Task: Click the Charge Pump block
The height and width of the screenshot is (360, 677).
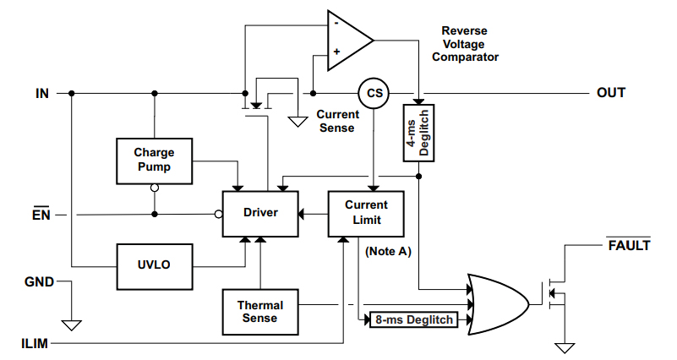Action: (154, 160)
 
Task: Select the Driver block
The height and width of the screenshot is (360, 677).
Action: (260, 213)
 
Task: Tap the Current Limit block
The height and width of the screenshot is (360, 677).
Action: (366, 213)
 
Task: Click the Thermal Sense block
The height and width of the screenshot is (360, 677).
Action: (260, 311)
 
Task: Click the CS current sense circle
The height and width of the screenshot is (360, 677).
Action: (371, 92)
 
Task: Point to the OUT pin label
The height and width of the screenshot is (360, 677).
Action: (611, 92)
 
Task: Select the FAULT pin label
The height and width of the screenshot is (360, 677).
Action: (629, 246)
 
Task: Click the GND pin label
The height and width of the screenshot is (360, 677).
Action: (38, 282)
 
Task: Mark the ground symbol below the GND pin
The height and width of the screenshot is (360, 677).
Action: (72, 324)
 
